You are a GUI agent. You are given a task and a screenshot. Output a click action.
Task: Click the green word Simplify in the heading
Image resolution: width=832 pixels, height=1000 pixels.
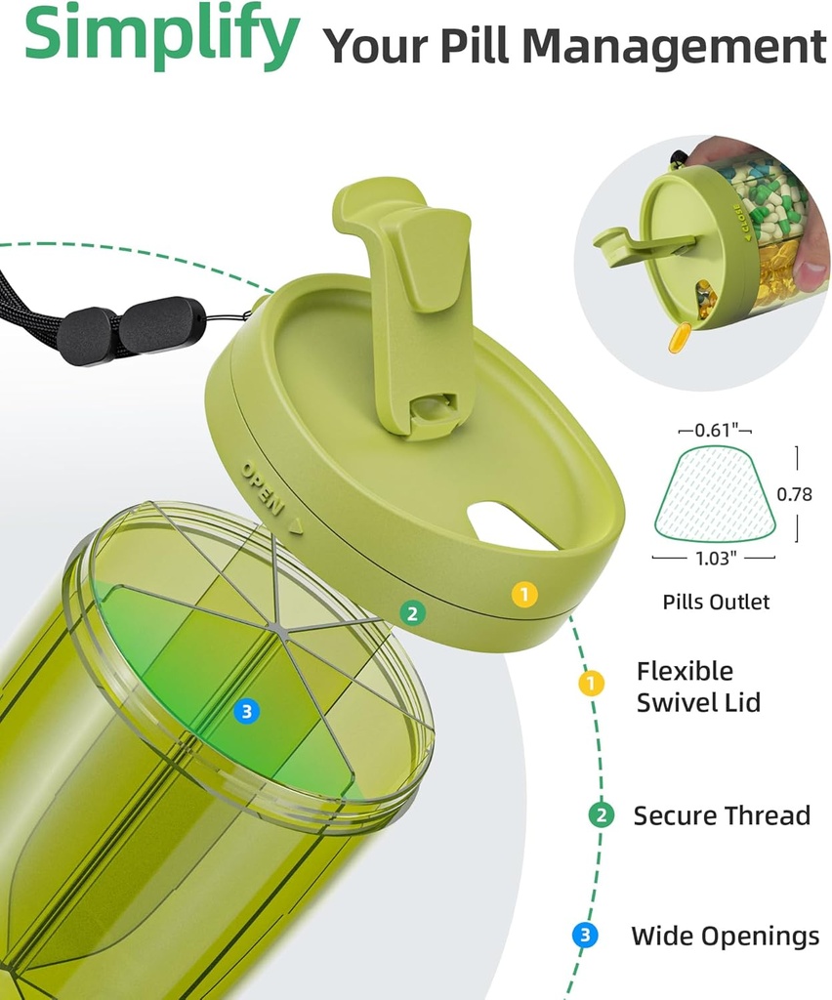161,32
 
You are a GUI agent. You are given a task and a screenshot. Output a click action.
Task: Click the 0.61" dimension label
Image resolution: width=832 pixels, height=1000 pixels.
715,430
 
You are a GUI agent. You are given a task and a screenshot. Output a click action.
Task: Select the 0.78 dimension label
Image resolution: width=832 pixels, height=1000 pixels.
794,494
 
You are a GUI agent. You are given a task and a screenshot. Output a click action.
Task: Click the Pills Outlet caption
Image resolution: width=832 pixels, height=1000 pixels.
716,602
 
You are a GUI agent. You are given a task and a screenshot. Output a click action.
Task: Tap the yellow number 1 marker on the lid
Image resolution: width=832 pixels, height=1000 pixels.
524,595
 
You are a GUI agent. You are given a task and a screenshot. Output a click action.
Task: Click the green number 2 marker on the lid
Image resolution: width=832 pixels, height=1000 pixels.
412,613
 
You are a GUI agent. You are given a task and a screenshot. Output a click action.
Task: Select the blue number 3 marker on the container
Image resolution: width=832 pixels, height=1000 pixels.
247,711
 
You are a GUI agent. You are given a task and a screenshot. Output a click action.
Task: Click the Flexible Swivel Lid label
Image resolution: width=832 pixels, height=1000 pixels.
698,687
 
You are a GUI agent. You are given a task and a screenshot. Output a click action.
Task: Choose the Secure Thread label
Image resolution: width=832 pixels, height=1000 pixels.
722,815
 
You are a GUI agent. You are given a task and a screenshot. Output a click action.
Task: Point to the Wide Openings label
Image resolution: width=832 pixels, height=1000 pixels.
725,937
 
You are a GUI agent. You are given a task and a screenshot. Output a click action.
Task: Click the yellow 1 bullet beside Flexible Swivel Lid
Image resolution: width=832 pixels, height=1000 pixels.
591,683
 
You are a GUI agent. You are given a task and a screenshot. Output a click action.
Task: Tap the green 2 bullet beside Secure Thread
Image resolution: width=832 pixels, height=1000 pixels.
601,815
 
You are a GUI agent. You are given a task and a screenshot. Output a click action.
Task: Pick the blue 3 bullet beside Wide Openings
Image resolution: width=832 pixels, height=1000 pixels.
585,936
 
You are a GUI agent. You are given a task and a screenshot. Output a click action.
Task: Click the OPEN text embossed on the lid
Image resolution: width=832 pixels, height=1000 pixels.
262,488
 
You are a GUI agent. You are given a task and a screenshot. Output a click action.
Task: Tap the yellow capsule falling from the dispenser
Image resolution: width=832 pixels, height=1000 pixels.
680,337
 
